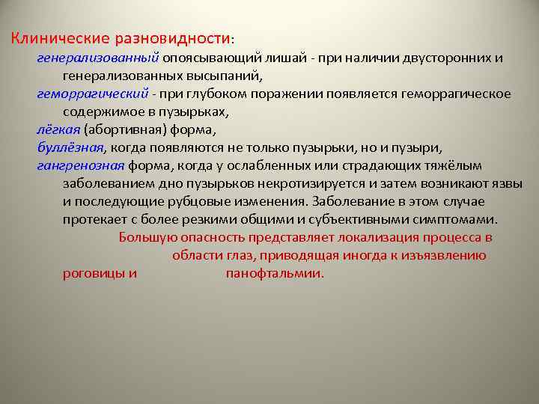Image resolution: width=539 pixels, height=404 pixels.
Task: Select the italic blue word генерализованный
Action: tap(98, 58)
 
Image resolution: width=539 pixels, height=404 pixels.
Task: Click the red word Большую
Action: tap(148, 238)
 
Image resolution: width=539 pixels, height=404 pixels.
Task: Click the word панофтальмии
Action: tap(274, 273)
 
